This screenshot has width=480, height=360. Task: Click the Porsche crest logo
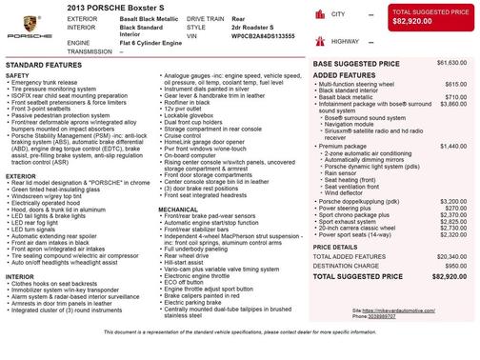(x=27, y=28)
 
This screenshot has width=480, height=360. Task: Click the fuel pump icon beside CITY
(x=321, y=15)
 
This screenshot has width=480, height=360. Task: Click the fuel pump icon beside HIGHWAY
(x=321, y=42)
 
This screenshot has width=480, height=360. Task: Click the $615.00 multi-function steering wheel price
(x=452, y=84)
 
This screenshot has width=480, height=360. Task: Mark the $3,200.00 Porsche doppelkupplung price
(x=450, y=202)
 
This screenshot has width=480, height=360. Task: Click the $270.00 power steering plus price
(x=453, y=209)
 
